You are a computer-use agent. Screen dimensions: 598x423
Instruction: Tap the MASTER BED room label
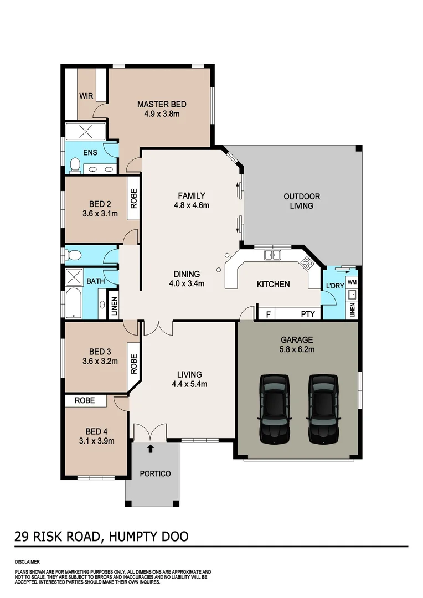click(162, 104)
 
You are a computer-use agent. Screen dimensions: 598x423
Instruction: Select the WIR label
click(86, 96)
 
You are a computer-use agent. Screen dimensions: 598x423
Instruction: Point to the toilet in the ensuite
click(75, 164)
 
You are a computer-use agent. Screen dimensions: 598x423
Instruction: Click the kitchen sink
click(272, 255)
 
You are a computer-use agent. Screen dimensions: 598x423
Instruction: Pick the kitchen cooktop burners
click(306, 262)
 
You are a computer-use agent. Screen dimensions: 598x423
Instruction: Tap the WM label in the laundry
click(352, 283)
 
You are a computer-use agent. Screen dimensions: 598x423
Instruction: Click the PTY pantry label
click(308, 314)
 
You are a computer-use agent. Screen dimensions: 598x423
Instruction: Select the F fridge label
click(269, 314)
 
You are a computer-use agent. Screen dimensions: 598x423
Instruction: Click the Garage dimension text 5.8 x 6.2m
click(297, 350)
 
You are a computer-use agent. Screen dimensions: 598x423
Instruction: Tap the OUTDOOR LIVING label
click(302, 201)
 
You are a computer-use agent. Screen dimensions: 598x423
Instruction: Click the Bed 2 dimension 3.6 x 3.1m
click(100, 213)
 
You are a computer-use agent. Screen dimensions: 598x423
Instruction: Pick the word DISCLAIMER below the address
click(28, 561)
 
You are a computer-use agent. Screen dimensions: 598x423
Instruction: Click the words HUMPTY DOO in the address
click(149, 536)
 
